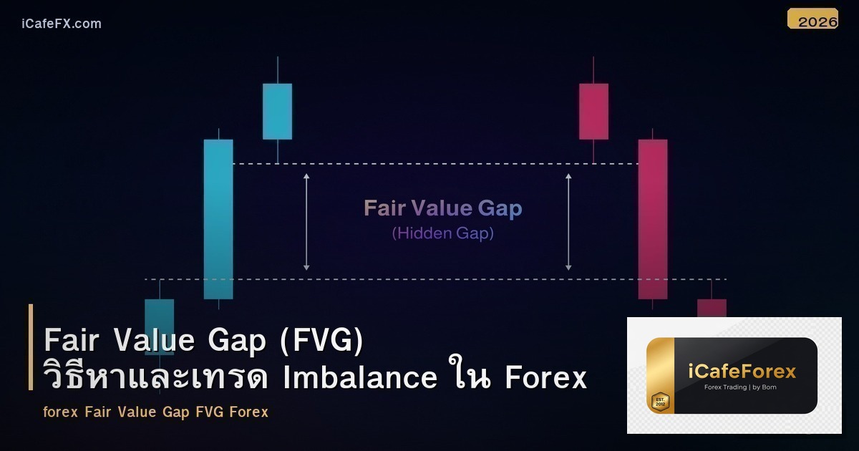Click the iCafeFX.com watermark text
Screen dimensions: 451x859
coord(62,24)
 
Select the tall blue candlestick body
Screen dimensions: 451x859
coord(218,218)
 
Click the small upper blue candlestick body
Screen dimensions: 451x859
coord(277,111)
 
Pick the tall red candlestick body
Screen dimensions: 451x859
coord(653,218)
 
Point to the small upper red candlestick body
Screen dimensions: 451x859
coord(593,111)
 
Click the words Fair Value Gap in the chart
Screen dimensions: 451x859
coord(443,208)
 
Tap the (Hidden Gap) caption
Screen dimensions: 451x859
coord(443,233)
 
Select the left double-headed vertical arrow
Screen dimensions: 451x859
coord(306,221)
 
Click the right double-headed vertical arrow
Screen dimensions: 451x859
coord(569,221)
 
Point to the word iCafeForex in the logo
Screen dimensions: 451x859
coord(741,372)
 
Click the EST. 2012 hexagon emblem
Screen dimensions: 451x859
coord(659,402)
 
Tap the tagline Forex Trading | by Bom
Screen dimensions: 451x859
coord(741,387)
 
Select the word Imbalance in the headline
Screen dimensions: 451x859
coord(360,377)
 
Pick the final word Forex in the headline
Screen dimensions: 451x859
coord(545,377)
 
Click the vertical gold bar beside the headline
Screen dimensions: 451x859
coord(31,347)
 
